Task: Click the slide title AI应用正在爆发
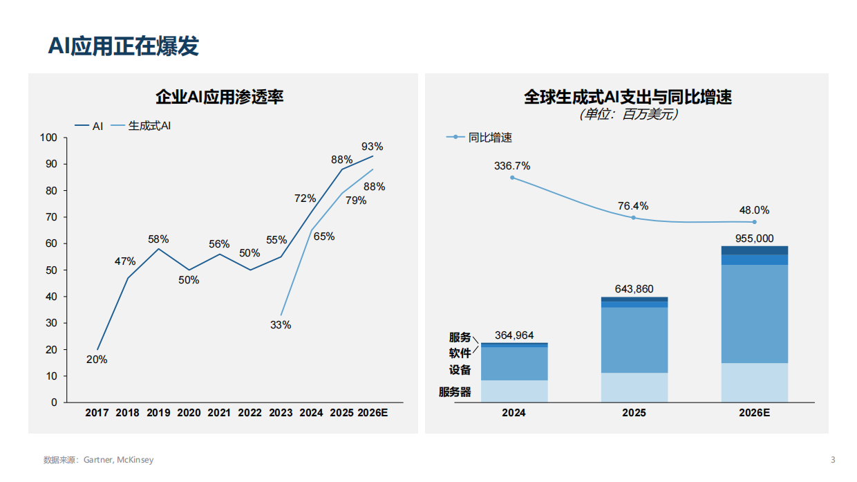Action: pyautogui.click(x=124, y=46)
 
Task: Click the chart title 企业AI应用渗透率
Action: pyautogui.click(x=220, y=97)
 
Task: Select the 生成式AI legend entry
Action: pyautogui.click(x=149, y=126)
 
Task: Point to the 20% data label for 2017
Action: pyautogui.click(x=97, y=360)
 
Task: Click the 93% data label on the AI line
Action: pyautogui.click(x=372, y=147)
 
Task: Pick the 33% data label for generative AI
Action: pyautogui.click(x=281, y=325)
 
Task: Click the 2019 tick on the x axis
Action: pyautogui.click(x=158, y=413)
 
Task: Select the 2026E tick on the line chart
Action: pyautogui.click(x=373, y=413)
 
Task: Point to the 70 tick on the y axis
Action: pyautogui.click(x=51, y=217)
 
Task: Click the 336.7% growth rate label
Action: pyautogui.click(x=512, y=166)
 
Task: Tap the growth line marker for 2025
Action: pyautogui.click(x=634, y=218)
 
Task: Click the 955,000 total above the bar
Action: pyautogui.click(x=754, y=239)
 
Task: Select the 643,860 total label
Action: pyautogui.click(x=634, y=289)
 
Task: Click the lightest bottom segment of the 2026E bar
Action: pyautogui.click(x=755, y=382)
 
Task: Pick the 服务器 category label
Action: pyautogui.click(x=455, y=391)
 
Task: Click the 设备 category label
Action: pyautogui.click(x=460, y=370)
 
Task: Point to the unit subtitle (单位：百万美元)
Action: pyautogui.click(x=628, y=115)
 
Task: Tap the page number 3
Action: pyautogui.click(x=833, y=460)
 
